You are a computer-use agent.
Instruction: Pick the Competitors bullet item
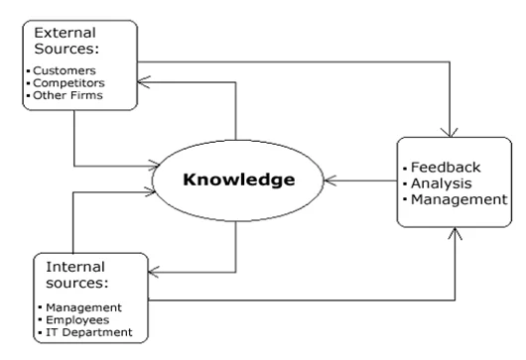(x=69, y=83)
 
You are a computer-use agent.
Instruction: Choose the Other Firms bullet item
(x=68, y=96)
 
